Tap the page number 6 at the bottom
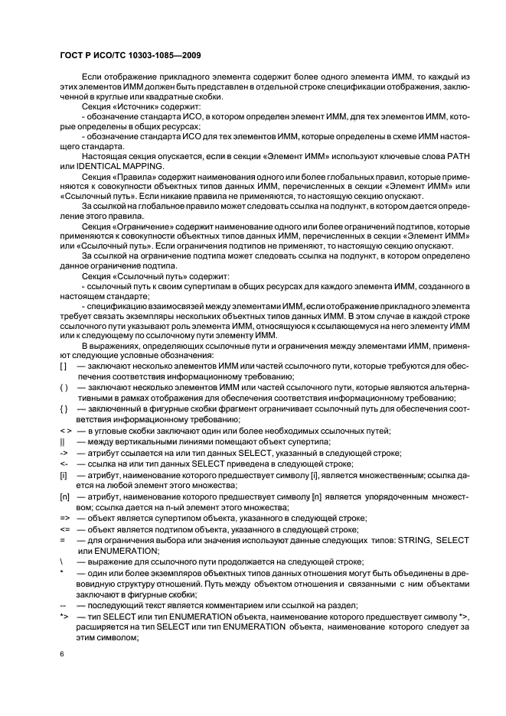pyautogui.click(x=63, y=654)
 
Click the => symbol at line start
pyautogui.click(x=64, y=518)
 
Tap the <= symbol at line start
pyautogui.click(x=64, y=529)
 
